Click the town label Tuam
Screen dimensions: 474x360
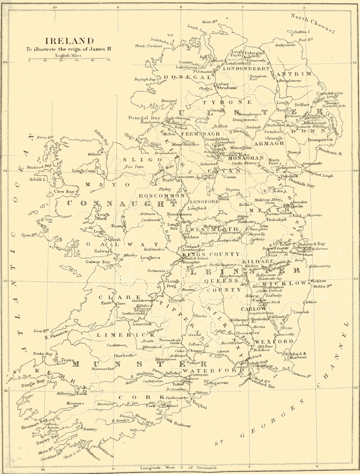117,226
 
